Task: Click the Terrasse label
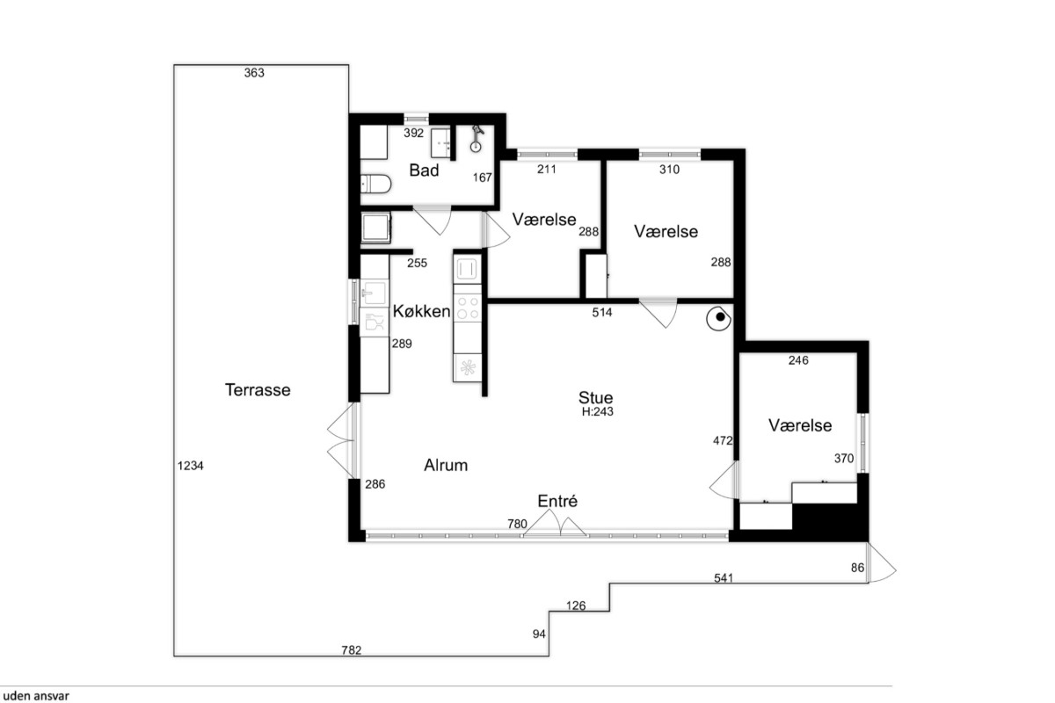[x=258, y=390]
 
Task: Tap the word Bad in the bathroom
[x=424, y=170]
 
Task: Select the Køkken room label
[x=421, y=311]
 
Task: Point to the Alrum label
[x=446, y=465]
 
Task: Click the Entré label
[x=557, y=501]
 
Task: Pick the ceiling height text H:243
[x=597, y=412]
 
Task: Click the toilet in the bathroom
[x=376, y=184]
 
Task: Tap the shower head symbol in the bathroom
[x=477, y=139]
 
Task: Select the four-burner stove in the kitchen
[x=467, y=308]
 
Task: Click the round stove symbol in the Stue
[x=719, y=319]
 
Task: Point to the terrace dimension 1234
[x=190, y=466]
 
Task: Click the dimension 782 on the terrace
[x=352, y=650]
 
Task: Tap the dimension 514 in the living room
[x=602, y=312]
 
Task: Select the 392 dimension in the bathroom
[x=413, y=134]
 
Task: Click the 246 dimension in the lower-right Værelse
[x=798, y=360]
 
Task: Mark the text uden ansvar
[x=36, y=696]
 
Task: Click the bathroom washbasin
[x=440, y=143]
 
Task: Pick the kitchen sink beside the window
[x=375, y=294]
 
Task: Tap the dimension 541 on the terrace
[x=724, y=578]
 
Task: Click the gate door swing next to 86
[x=881, y=563]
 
